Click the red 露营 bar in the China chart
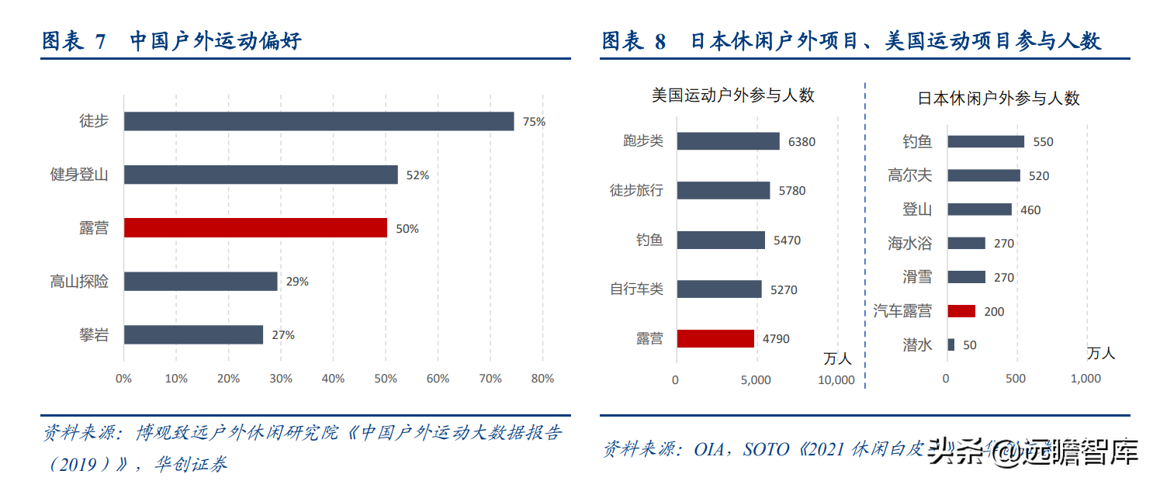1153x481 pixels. pyautogui.click(x=255, y=227)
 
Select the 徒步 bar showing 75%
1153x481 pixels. pyautogui.click(x=319, y=121)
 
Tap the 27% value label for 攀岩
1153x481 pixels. pyautogui.click(x=282, y=335)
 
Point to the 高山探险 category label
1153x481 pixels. pyautogui.click(x=79, y=282)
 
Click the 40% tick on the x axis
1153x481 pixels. pyautogui.click(x=333, y=379)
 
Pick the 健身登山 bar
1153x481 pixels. pyautogui.click(x=261, y=175)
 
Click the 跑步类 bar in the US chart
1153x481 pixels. pyautogui.click(x=728, y=141)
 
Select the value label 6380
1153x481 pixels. pyautogui.click(x=802, y=142)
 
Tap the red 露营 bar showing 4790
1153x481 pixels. pyautogui.click(x=715, y=338)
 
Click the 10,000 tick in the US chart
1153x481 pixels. pyautogui.click(x=836, y=380)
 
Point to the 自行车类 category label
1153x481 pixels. pyautogui.click(x=636, y=289)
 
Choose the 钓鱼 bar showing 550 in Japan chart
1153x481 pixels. pyautogui.click(x=985, y=141)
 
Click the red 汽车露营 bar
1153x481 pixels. pyautogui.click(x=961, y=311)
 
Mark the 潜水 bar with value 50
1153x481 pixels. pyautogui.click(x=951, y=344)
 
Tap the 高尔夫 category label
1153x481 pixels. pyautogui.click(x=909, y=175)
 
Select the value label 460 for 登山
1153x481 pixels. pyautogui.click(x=1030, y=210)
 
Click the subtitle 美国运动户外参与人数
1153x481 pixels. pyautogui.click(x=733, y=95)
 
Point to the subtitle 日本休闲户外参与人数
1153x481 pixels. pyautogui.click(x=999, y=99)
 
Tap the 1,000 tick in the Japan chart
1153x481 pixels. pyautogui.click(x=1085, y=379)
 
